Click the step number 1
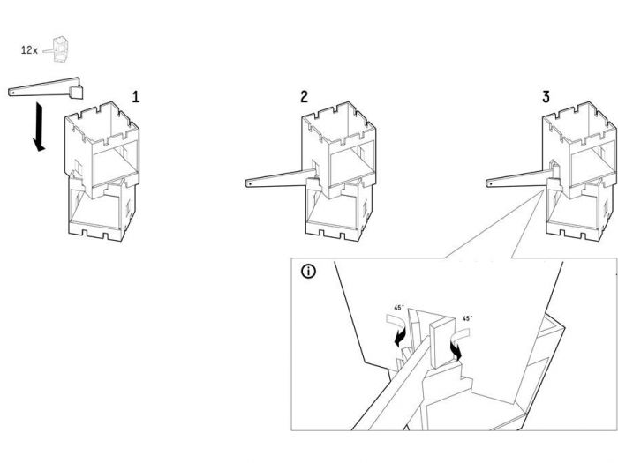pos(136,97)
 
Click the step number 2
pos(304,96)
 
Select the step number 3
pos(546,96)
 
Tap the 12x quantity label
pos(29,50)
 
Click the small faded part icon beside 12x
pos(58,50)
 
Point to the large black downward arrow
pos(39,127)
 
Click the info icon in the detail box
pos(309,272)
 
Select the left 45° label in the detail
pos(399,308)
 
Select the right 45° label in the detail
pos(467,318)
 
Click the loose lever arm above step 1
pos(44,87)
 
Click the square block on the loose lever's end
pos(77,93)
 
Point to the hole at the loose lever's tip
pos(12,93)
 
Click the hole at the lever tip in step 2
pos(250,183)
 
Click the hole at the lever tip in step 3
pos(490,183)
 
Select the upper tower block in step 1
pos(102,150)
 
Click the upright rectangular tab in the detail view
pos(441,342)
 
